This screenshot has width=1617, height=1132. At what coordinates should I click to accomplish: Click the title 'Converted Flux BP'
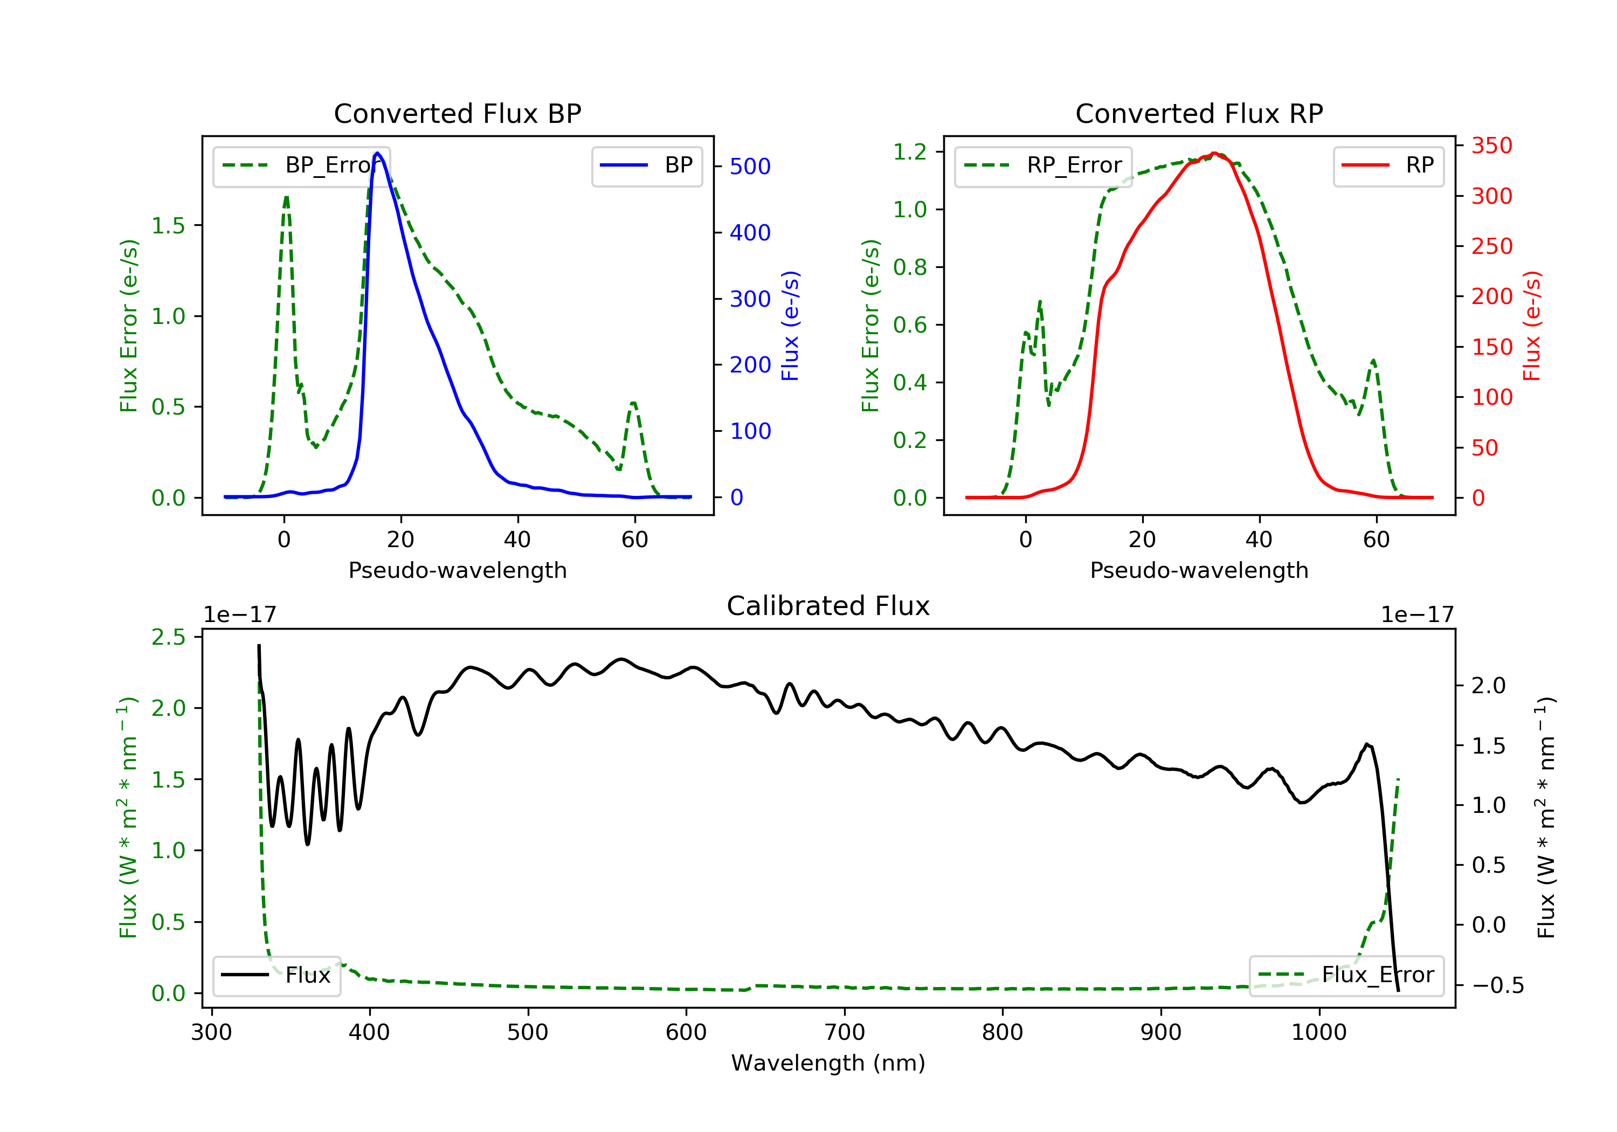(x=457, y=113)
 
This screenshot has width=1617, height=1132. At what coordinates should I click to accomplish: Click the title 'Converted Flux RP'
(x=1199, y=113)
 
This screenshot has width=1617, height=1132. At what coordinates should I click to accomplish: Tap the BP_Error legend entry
(x=301, y=165)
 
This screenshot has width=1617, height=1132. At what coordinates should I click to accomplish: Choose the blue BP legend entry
(x=646, y=165)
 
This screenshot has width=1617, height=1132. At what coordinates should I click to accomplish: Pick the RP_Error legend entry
(x=1042, y=165)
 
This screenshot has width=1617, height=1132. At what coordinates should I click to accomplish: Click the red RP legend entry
(x=1388, y=165)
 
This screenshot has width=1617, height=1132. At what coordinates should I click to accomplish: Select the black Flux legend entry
(x=276, y=975)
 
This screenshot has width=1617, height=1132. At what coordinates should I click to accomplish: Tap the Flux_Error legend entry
(x=1346, y=975)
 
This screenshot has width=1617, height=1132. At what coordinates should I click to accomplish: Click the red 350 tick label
(x=1491, y=146)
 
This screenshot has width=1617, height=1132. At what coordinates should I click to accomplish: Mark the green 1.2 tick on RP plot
(x=909, y=151)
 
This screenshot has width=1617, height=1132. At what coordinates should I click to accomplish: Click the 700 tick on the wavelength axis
(x=844, y=1033)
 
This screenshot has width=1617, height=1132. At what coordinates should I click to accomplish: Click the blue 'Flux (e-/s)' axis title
(x=790, y=326)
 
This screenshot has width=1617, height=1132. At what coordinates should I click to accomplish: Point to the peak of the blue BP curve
(x=377, y=153)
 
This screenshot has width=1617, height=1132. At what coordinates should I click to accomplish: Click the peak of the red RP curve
(x=1214, y=153)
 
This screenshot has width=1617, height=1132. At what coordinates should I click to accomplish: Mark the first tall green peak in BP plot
(x=286, y=197)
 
